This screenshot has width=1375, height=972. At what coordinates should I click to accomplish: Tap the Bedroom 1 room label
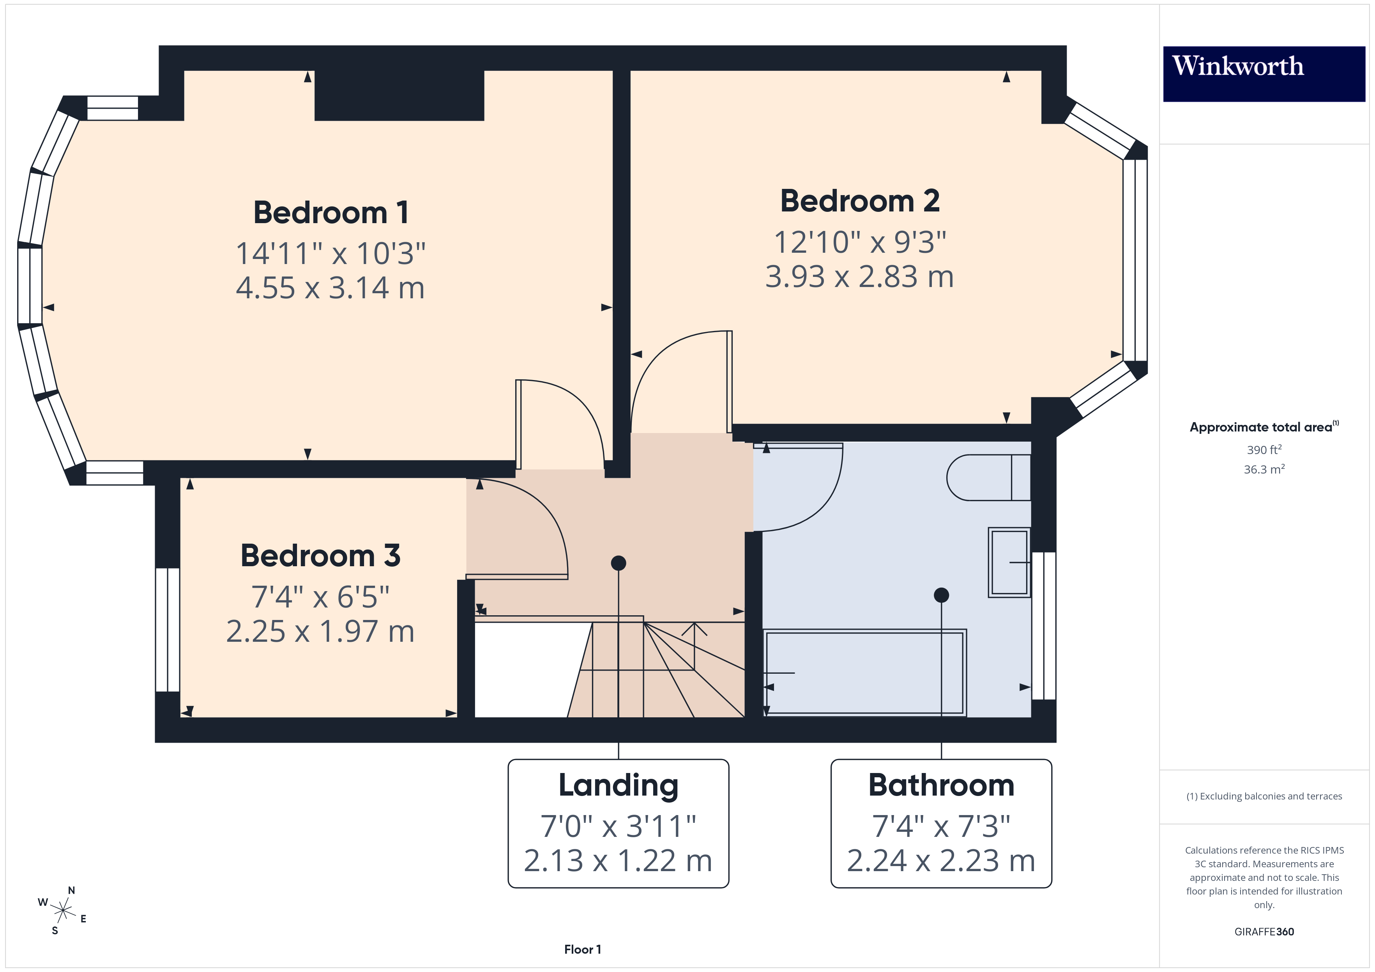(330, 213)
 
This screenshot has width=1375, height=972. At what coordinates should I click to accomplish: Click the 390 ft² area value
(1264, 449)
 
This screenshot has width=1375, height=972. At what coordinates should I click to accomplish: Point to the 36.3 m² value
(1264, 469)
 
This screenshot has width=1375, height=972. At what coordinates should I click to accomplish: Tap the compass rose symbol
(62, 911)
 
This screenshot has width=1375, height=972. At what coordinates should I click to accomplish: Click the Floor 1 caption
(582, 949)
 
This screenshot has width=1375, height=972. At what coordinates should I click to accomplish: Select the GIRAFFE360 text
(1264, 932)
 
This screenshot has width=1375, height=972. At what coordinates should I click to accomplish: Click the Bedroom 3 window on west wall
(168, 630)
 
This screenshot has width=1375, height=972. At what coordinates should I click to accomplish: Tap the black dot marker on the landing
(618, 563)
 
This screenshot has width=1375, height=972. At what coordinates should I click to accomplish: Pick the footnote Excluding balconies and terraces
(1264, 796)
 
